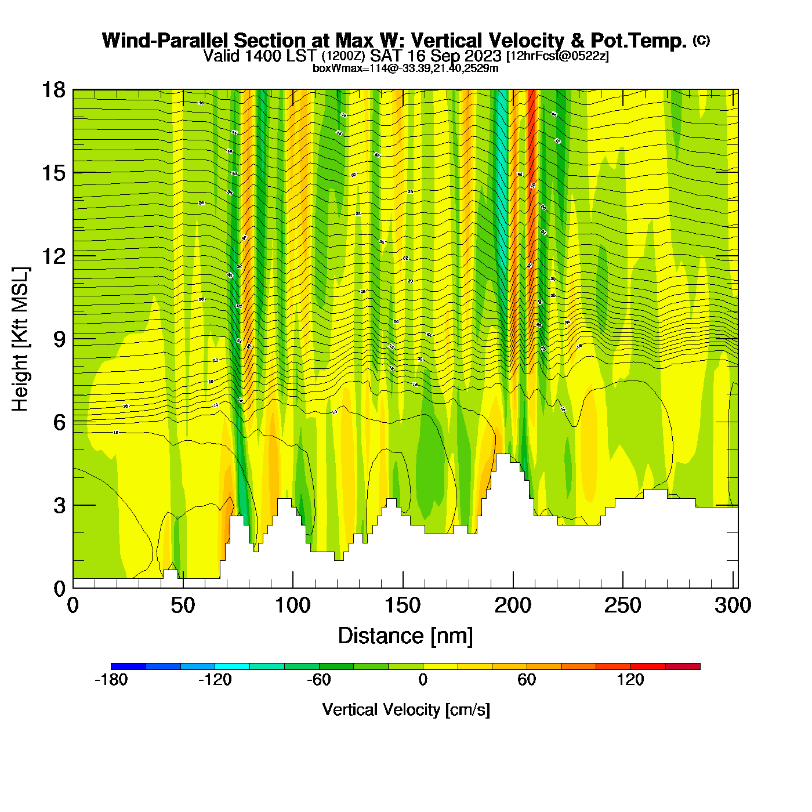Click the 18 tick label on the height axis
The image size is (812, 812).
click(53, 90)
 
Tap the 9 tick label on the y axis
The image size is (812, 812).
click(59, 339)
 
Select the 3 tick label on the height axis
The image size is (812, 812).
click(59, 506)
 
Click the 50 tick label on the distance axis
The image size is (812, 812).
click(183, 606)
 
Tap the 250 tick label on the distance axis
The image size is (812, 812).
click(623, 606)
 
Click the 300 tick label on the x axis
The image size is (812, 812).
click(733, 606)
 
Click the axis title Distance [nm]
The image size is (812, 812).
click(405, 636)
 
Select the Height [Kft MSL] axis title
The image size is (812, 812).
click(20, 339)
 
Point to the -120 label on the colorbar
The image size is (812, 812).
click(215, 680)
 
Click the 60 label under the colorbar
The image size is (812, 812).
click(527, 680)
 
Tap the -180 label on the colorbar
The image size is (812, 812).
click(111, 680)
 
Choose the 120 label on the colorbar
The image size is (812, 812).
click(630, 680)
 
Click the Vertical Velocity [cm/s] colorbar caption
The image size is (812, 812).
click(406, 709)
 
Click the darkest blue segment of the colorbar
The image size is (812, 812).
click(128, 666)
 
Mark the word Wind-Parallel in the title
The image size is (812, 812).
click(165, 41)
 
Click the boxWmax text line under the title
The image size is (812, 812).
click(405, 68)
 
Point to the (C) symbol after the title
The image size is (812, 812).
click(701, 40)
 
